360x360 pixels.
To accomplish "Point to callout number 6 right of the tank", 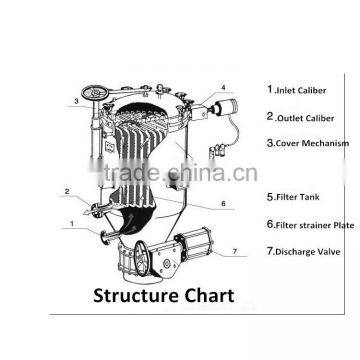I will pos(224,204).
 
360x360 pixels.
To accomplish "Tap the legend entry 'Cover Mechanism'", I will pos(311,143).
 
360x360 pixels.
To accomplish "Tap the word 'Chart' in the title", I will pos(208,296).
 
